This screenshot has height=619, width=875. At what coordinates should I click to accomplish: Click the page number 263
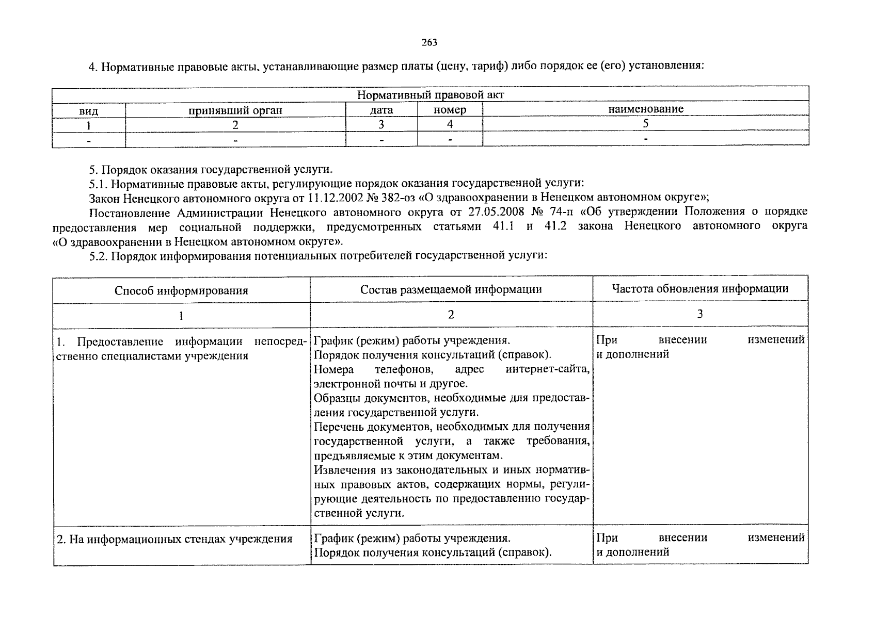(x=429, y=42)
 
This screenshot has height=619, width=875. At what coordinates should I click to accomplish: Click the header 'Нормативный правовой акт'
(x=430, y=95)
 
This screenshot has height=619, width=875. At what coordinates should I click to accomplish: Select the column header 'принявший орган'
(x=235, y=110)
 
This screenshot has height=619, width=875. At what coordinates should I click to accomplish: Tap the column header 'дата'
(x=381, y=110)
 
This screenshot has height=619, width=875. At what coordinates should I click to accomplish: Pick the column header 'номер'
(x=450, y=110)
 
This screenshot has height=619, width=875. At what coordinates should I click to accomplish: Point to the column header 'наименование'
(x=645, y=109)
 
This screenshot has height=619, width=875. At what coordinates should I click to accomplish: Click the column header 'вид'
(x=88, y=111)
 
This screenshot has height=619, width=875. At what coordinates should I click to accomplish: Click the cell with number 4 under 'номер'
(x=450, y=124)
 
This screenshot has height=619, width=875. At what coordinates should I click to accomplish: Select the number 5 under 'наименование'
(x=645, y=124)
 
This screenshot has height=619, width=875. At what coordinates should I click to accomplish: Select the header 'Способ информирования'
(x=181, y=290)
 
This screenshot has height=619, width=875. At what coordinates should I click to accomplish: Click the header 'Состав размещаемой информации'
(x=451, y=289)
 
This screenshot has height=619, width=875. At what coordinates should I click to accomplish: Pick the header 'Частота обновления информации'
(x=700, y=288)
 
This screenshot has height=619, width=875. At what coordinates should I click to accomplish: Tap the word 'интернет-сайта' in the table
(x=548, y=369)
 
